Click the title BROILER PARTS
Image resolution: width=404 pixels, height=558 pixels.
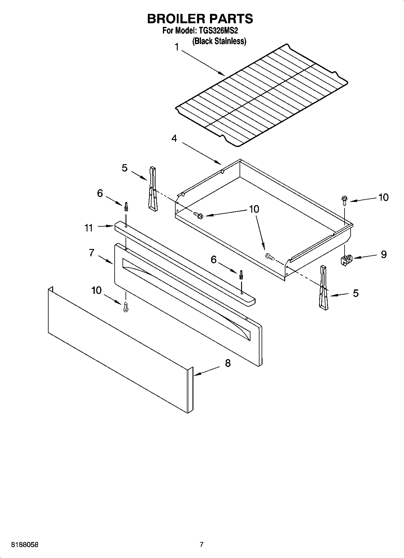click(200, 19)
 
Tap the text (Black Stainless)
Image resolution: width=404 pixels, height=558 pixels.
click(219, 41)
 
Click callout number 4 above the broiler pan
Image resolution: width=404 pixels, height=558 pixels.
click(174, 139)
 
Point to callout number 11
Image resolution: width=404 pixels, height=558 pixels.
click(88, 228)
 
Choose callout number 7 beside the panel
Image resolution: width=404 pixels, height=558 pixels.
click(92, 253)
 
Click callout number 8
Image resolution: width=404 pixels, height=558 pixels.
click(228, 363)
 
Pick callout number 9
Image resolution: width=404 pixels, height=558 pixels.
click(383, 254)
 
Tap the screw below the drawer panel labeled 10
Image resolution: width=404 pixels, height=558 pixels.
click(126, 307)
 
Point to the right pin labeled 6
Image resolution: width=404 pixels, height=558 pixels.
click(241, 275)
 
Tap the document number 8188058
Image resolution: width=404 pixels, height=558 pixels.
click(24, 545)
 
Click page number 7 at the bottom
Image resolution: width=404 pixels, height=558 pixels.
click(202, 545)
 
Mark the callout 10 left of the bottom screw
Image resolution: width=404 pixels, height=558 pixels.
click(96, 291)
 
